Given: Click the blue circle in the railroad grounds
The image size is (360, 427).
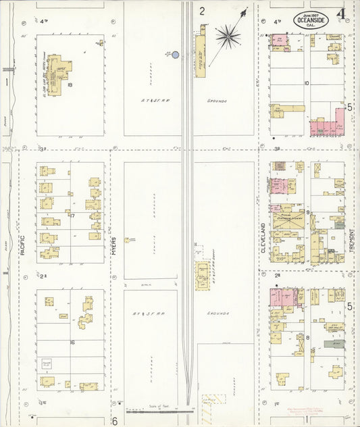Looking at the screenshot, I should (x=175, y=54).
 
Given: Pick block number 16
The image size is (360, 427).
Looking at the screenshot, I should (x=72, y=343).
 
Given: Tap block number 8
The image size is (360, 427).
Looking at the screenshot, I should (x=307, y=336).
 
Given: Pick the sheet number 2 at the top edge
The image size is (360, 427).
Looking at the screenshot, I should (x=201, y=11).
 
